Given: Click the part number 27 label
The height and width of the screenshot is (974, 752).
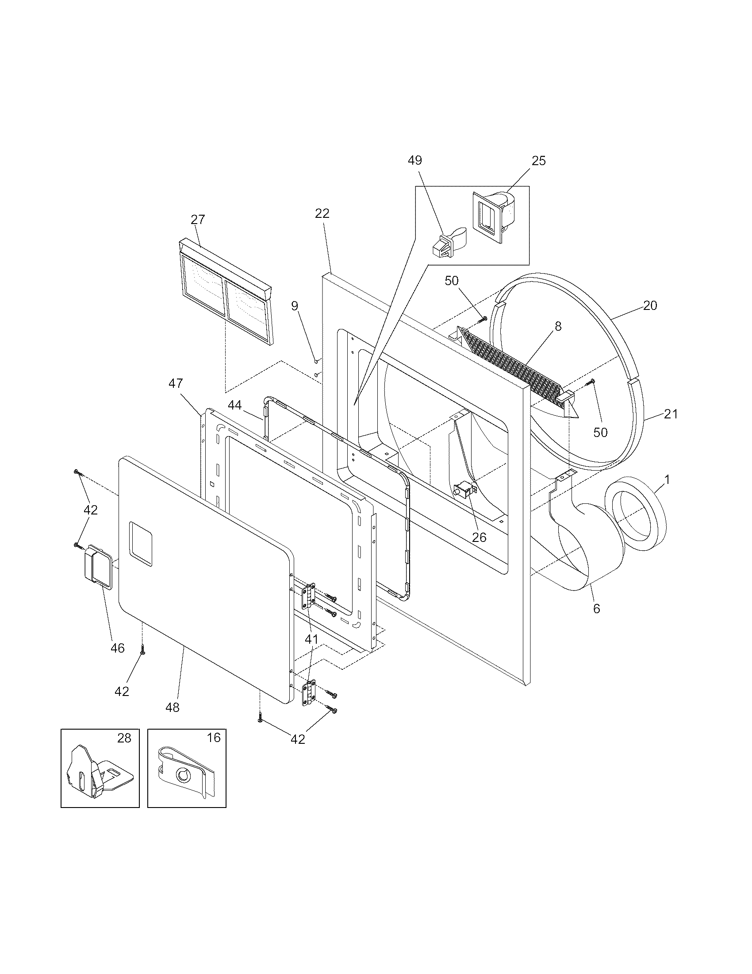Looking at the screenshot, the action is (x=198, y=220).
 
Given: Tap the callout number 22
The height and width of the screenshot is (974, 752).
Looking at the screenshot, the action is (x=322, y=214).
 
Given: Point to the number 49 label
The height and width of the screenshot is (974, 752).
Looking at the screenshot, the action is (x=415, y=160).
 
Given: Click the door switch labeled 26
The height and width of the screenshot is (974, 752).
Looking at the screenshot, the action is (x=463, y=491).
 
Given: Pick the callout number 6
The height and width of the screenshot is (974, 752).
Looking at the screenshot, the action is (x=597, y=608).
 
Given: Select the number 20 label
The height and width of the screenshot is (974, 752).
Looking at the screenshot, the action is (x=650, y=305).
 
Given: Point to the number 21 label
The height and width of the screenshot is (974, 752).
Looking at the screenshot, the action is (x=671, y=414).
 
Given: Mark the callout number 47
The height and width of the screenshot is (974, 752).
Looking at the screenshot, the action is (x=176, y=383).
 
